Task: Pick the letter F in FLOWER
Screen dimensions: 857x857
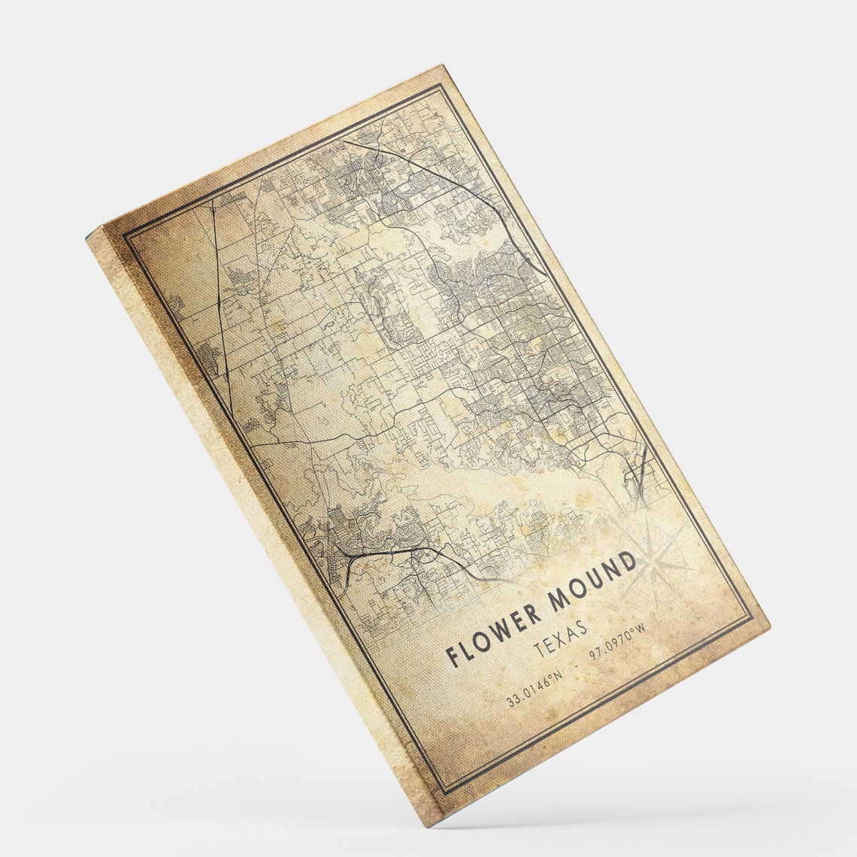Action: click(453, 655)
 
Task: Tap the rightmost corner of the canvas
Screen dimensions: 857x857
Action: click(770, 625)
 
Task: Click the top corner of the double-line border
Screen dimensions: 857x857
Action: click(440, 85)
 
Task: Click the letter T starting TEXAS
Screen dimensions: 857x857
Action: click(536, 650)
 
